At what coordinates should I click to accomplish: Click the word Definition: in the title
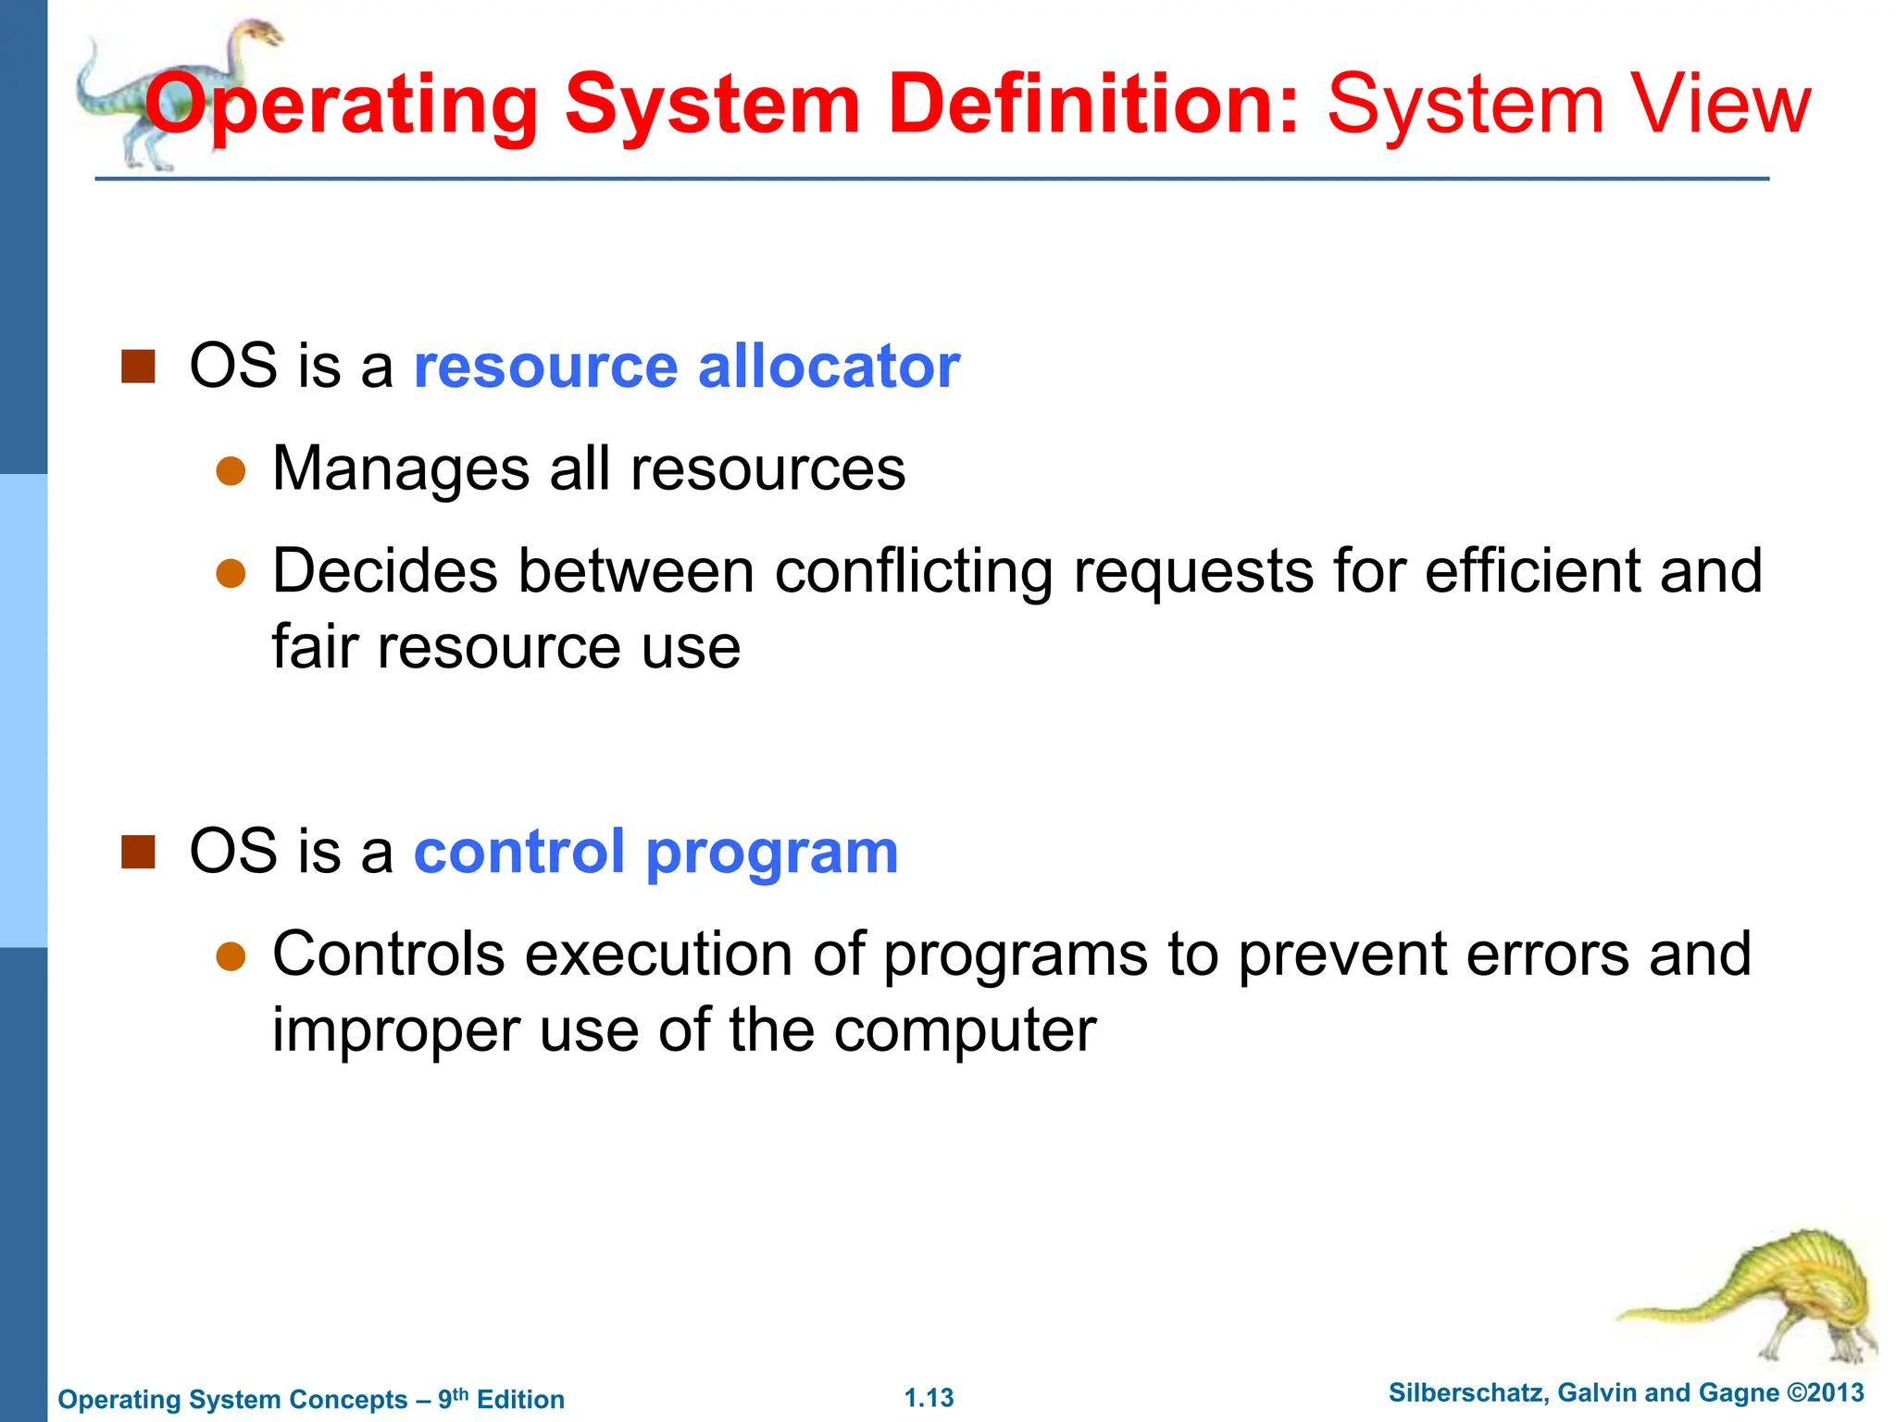click(x=1093, y=104)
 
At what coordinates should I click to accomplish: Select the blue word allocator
click(x=829, y=366)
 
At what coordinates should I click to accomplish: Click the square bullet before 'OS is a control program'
click(x=138, y=852)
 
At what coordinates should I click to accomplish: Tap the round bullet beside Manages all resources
click(x=231, y=471)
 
